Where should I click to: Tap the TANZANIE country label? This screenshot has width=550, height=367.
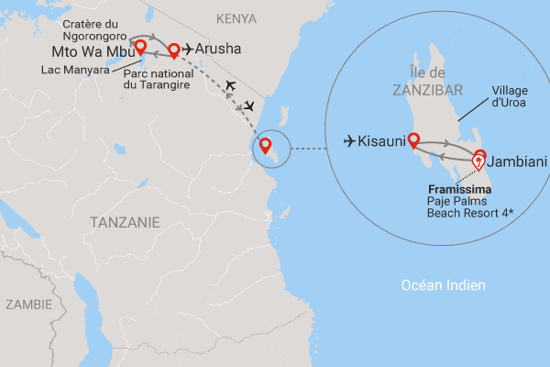point(126,222)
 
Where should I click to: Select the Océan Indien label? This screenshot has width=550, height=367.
point(444,285)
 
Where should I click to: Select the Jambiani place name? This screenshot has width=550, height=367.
point(518,162)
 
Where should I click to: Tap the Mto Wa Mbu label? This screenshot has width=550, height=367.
point(93,51)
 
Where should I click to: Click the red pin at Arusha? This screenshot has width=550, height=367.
point(173,50)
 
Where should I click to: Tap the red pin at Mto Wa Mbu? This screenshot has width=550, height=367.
point(140,47)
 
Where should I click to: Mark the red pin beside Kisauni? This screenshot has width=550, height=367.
point(413,140)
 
